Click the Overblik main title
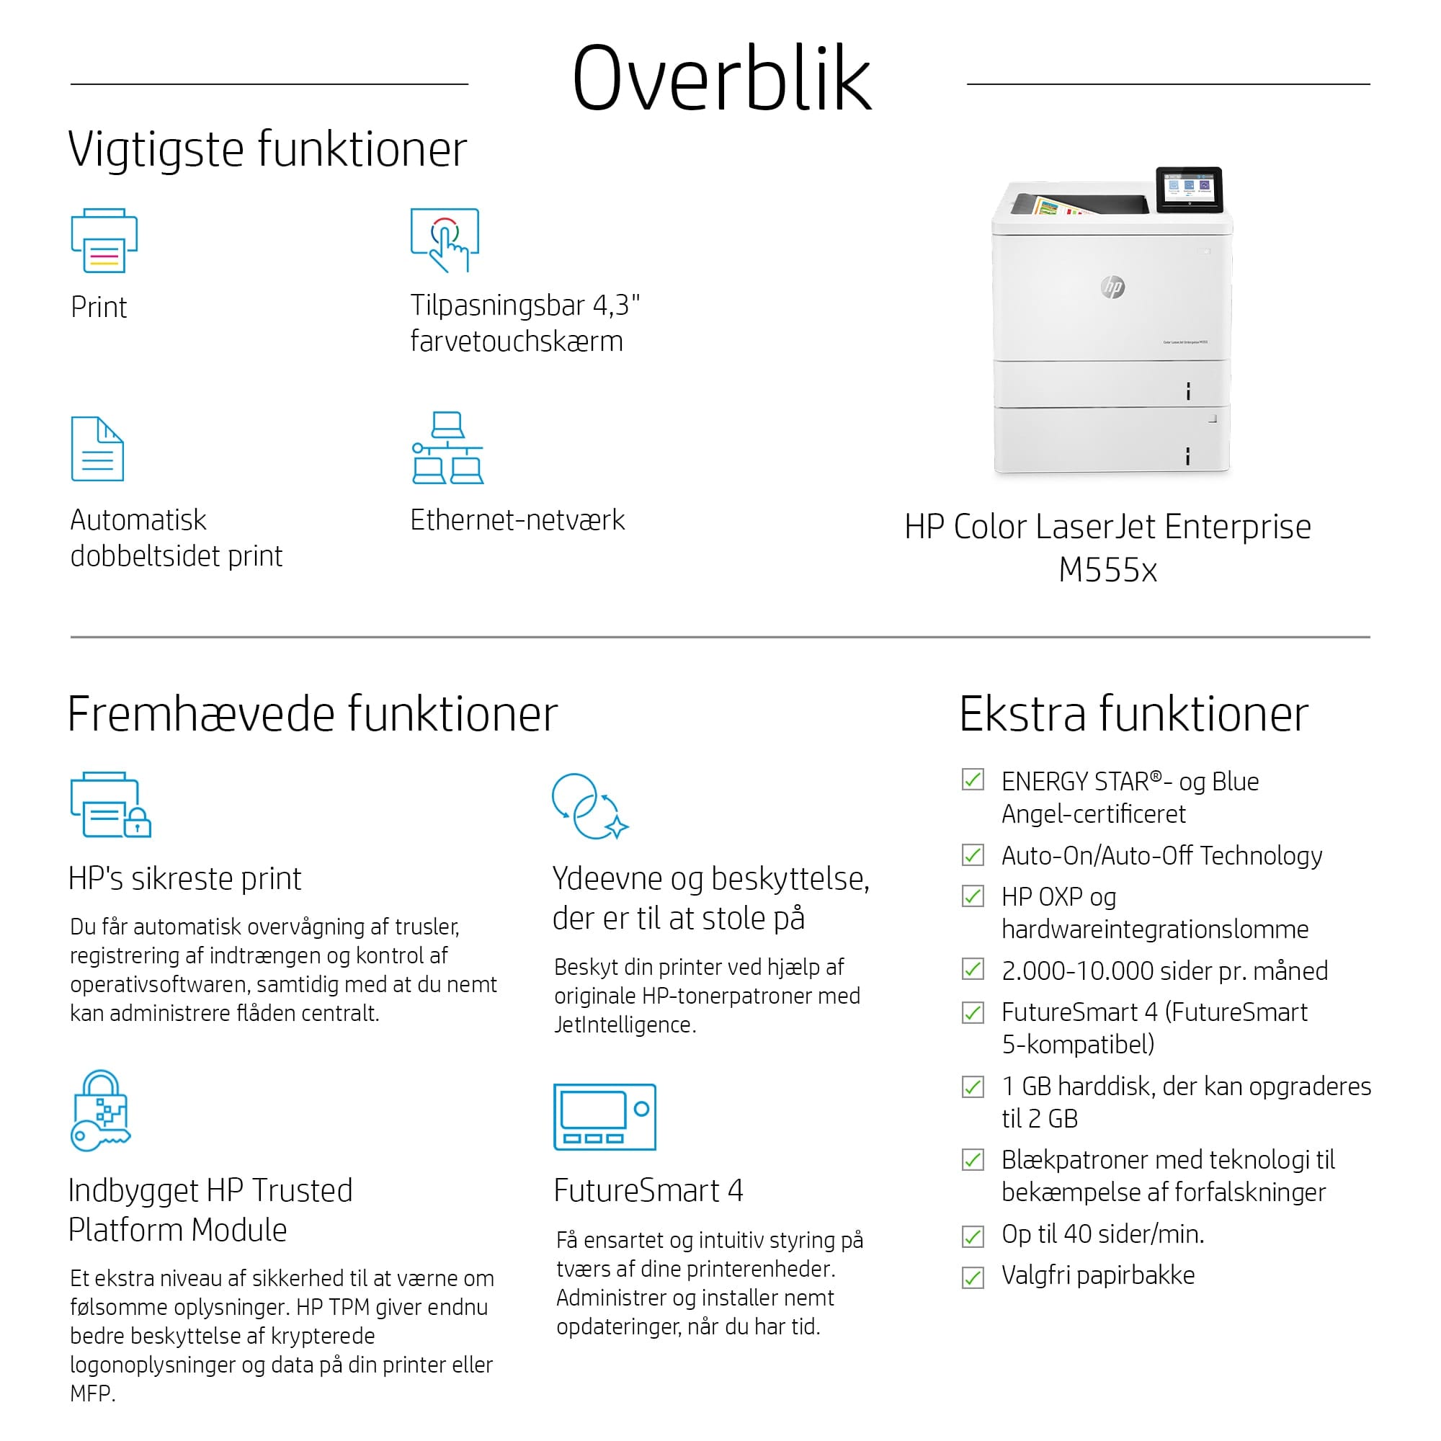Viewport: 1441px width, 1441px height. (721, 79)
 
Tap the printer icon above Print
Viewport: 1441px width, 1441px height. (104, 240)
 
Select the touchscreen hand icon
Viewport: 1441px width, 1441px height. (445, 239)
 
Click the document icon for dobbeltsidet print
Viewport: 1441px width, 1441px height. (97, 449)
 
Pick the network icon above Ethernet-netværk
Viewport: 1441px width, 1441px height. (447, 447)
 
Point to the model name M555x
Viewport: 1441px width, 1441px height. (1107, 571)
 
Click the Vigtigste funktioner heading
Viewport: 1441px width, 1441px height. (267, 149)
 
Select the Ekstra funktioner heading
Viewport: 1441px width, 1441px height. (1133, 714)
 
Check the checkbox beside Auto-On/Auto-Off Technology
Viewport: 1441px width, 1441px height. (973, 855)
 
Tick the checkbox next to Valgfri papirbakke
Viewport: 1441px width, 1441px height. (973, 1277)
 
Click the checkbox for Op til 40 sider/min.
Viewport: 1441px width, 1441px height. (973, 1236)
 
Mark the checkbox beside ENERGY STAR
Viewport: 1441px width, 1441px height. (973, 780)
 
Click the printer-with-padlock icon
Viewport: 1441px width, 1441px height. (110, 805)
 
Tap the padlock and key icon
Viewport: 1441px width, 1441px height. (101, 1110)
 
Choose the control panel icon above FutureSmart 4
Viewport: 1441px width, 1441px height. (604, 1117)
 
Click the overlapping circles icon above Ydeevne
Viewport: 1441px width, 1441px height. (589, 806)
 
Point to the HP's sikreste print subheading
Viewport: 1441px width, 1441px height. (185, 878)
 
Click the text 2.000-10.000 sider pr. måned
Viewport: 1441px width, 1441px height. (1164, 971)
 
